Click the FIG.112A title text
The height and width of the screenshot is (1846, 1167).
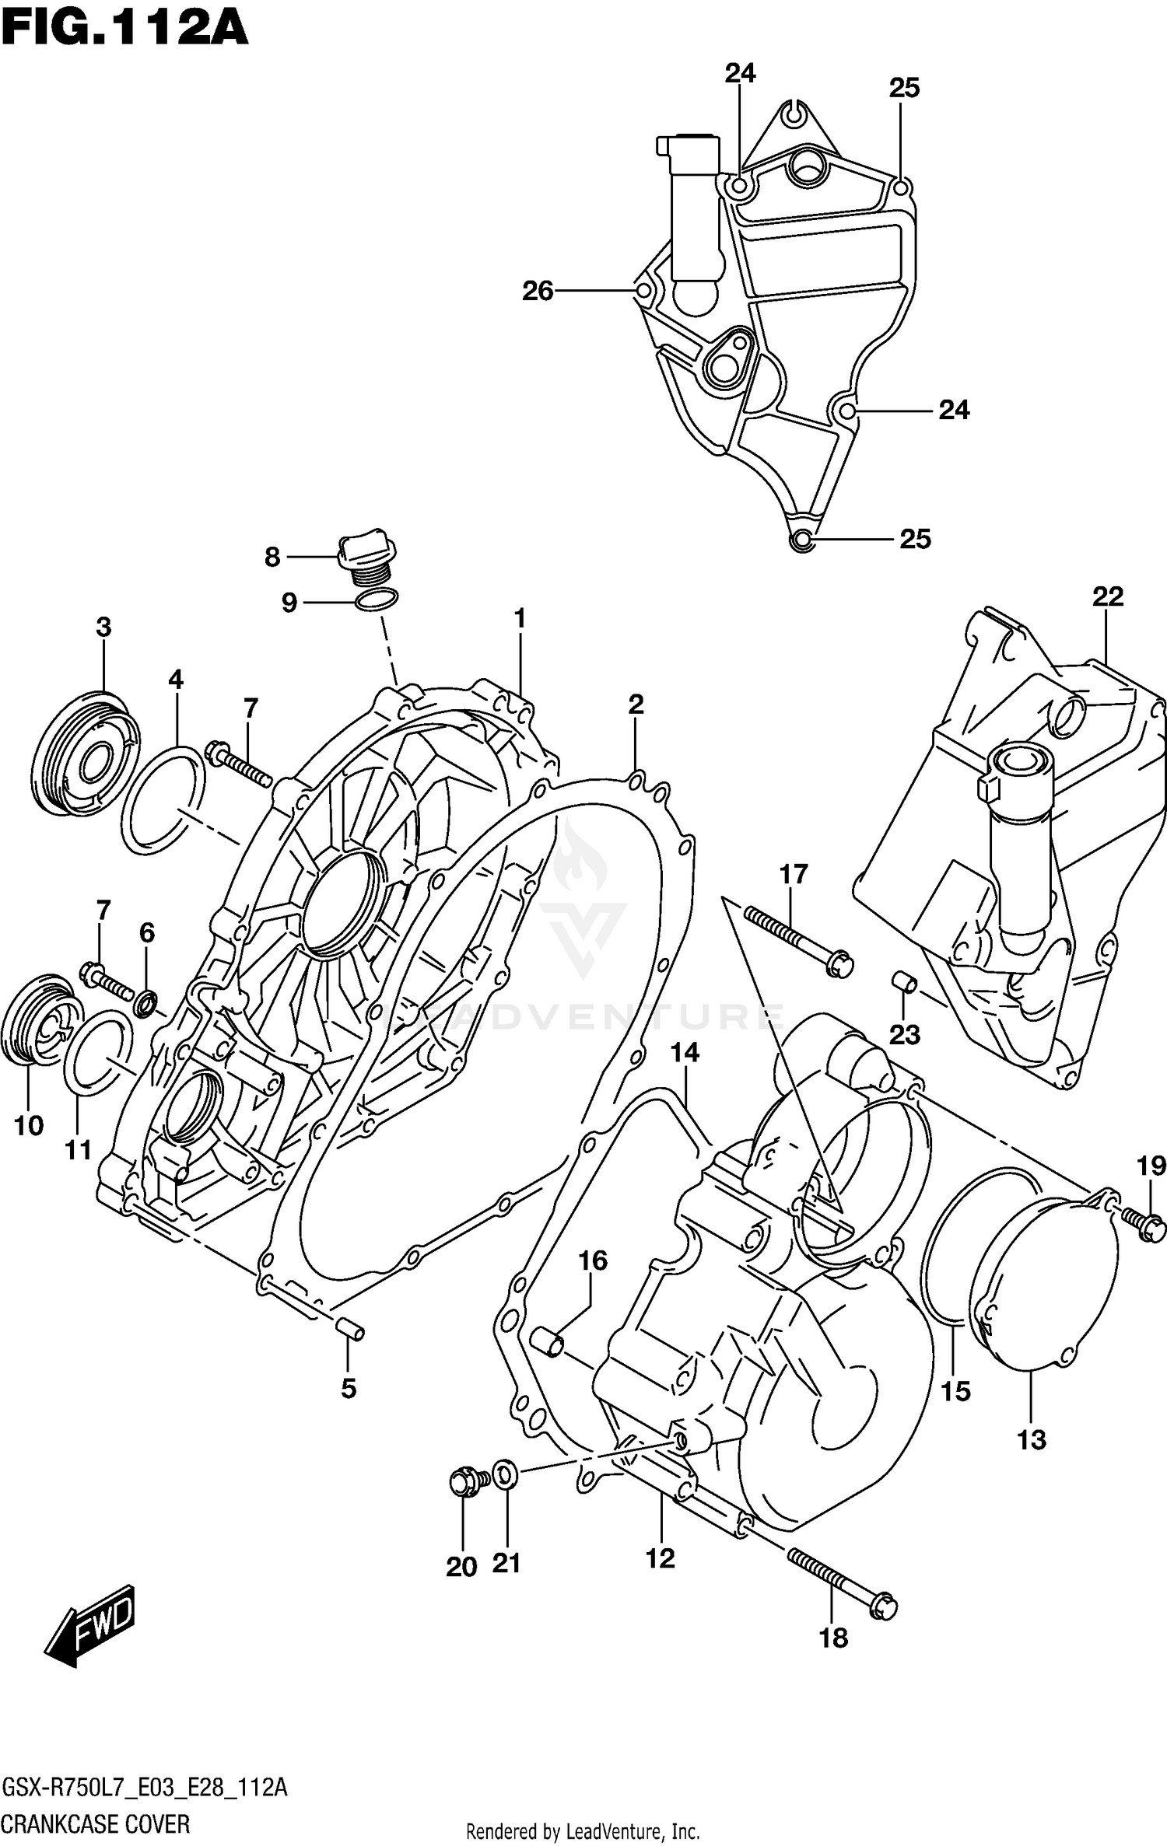point(124,30)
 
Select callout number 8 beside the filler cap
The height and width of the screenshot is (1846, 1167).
point(272,558)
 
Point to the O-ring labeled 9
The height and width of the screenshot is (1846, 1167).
point(376,600)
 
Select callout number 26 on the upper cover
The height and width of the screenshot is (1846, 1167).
point(538,292)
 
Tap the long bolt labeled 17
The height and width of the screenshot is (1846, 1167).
point(797,942)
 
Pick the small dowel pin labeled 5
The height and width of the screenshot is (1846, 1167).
point(349,1330)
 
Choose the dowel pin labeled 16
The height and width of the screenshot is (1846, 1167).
point(546,1342)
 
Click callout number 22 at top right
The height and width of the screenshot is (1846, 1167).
point(1108,597)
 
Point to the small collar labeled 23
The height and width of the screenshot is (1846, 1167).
point(905,983)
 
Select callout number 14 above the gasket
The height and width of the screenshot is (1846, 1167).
point(685,1054)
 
